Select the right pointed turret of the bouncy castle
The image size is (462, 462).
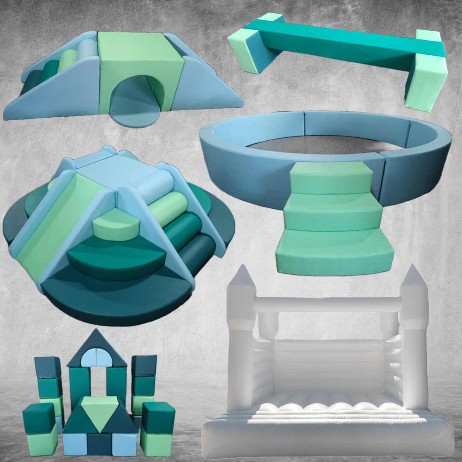pos(413,282)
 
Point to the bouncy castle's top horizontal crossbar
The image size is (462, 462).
pos(327,304)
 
